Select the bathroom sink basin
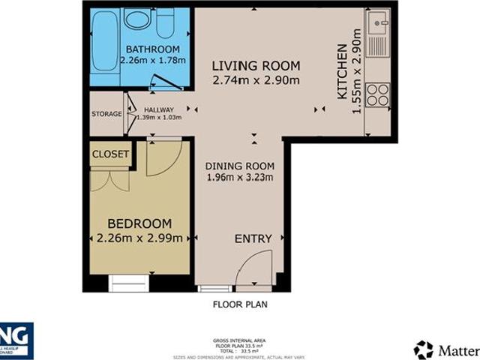pyautogui.click(x=136, y=19)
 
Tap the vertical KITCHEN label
pyautogui.click(x=342, y=71)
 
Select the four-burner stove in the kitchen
pyautogui.click(x=378, y=94)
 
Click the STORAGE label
pyautogui.click(x=106, y=114)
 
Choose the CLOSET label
pyautogui.click(x=110, y=154)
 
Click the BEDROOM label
pyautogui.click(x=139, y=223)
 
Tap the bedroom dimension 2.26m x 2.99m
pyautogui.click(x=139, y=239)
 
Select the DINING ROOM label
pyautogui.click(x=240, y=166)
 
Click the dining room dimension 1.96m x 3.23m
pyautogui.click(x=240, y=178)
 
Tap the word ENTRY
pyautogui.click(x=253, y=238)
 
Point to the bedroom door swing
pyautogui.click(x=163, y=156)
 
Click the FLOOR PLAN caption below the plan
pyautogui.click(x=240, y=304)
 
